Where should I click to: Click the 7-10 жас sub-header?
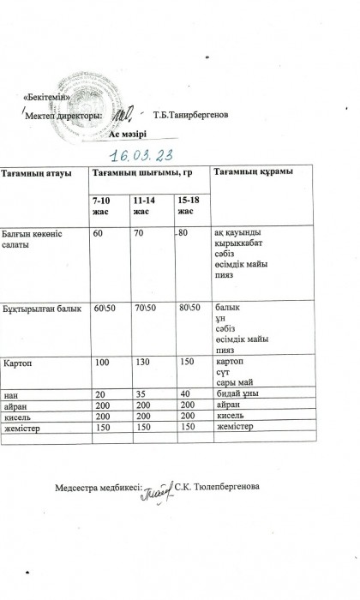coord(103,206)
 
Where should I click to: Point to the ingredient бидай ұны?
coord(237,393)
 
